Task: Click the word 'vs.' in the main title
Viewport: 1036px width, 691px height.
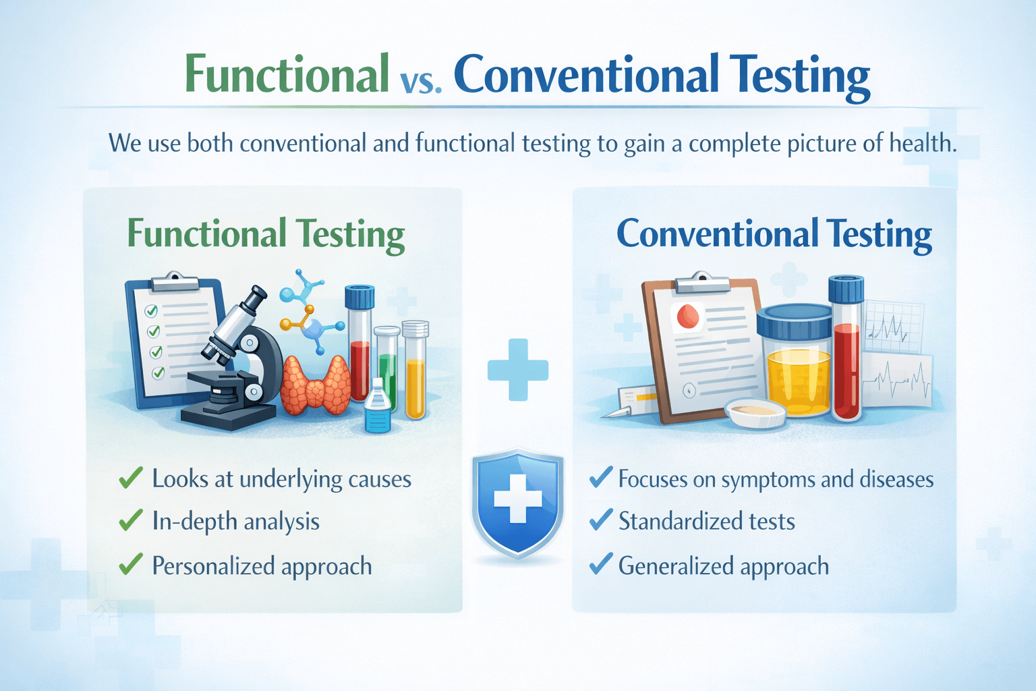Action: [x=420, y=82]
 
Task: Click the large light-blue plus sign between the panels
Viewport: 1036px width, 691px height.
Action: [x=518, y=370]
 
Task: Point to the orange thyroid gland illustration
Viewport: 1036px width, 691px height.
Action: [x=316, y=385]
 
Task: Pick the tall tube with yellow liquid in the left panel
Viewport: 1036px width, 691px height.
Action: [x=415, y=369]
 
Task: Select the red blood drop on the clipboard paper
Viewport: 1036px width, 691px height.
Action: [x=688, y=316]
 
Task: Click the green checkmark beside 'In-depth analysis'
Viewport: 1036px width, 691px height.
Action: [x=131, y=520]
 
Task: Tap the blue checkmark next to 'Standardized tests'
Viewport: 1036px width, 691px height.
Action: [x=601, y=520]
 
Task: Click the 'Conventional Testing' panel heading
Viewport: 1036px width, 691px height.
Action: [x=774, y=234]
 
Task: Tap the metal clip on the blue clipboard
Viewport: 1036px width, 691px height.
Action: [x=175, y=281]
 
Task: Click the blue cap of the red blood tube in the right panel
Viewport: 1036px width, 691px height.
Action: [x=846, y=289]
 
